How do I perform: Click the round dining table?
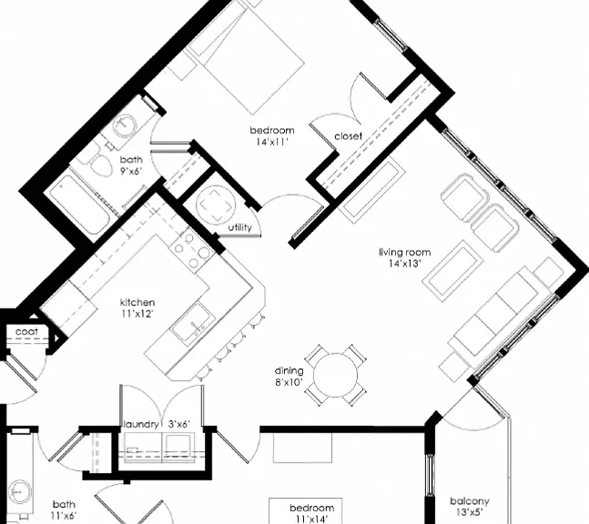pyautogui.click(x=335, y=375)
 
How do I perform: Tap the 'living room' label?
pyautogui.click(x=404, y=252)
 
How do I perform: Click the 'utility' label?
pyautogui.click(x=239, y=227)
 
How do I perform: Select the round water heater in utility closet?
pyautogui.click(x=216, y=205)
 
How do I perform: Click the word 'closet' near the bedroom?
pyautogui.click(x=349, y=136)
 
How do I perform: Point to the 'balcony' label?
pyautogui.click(x=470, y=501)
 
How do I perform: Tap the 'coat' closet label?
pyautogui.click(x=26, y=332)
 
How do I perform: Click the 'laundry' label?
pyautogui.click(x=141, y=425)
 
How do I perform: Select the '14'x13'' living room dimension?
pyautogui.click(x=404, y=264)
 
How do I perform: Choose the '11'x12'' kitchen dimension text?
pyautogui.click(x=137, y=314)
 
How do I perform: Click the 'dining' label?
pyautogui.click(x=289, y=371)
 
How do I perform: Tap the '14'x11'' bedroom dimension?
pyautogui.click(x=272, y=142)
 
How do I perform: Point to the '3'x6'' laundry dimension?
pyautogui.click(x=179, y=425)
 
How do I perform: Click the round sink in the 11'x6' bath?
pyautogui.click(x=18, y=492)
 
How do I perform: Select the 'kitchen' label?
pyautogui.click(x=137, y=303)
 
